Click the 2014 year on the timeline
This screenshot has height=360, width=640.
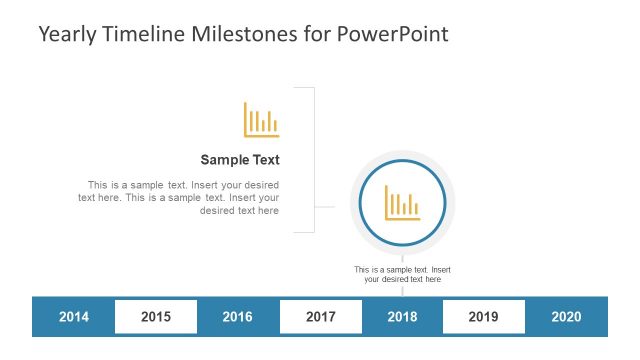pyautogui.click(x=74, y=317)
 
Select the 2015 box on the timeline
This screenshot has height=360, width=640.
pyautogui.click(x=156, y=317)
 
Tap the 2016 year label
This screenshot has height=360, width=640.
pyautogui.click(x=237, y=317)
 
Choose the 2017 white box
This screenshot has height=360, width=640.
pyautogui.click(x=320, y=317)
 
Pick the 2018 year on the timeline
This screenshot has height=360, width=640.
pyautogui.click(x=402, y=317)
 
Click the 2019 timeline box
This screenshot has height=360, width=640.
pyautogui.click(x=483, y=317)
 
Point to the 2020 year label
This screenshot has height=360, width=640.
pyautogui.click(x=566, y=317)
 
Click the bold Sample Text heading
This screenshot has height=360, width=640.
pyautogui.click(x=240, y=159)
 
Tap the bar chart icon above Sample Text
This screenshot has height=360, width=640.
pyautogui.click(x=261, y=120)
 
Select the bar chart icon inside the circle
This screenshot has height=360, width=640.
pyautogui.click(x=402, y=203)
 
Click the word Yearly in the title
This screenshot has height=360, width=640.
pyautogui.click(x=68, y=34)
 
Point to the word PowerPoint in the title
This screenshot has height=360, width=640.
pyautogui.click(x=392, y=34)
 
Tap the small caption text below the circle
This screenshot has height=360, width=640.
pyautogui.click(x=402, y=274)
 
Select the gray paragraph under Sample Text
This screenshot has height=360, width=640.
pyautogui.click(x=180, y=198)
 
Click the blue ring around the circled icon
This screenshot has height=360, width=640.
pyautogui.click(x=360, y=203)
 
